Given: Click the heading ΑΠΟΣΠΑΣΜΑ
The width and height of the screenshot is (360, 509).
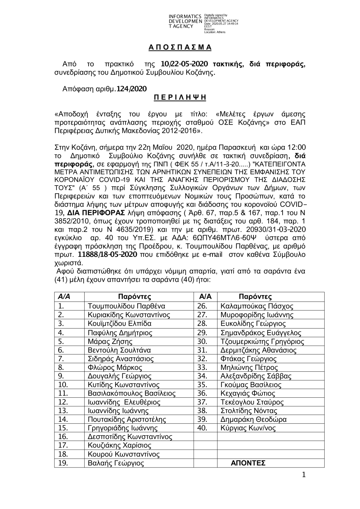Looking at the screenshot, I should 180,48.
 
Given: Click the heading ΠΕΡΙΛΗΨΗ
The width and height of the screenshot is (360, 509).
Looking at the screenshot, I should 180,98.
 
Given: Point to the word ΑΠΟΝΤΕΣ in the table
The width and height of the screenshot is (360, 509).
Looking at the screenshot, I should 248,463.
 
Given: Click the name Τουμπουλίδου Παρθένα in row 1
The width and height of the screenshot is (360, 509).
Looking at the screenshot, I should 126,306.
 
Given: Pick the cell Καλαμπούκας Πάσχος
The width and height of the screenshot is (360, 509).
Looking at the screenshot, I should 257,306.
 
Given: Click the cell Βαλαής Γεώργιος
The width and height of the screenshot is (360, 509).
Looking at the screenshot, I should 116,463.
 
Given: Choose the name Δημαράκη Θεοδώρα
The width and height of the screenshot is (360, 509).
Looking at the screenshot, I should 253,419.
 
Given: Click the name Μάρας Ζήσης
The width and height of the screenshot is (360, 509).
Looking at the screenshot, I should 110,341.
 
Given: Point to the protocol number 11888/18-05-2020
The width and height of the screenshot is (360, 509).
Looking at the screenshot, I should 107,255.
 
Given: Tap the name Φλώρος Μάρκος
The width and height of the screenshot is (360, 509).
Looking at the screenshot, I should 115,367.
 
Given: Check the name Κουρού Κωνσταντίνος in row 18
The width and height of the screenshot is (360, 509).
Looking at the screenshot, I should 123,454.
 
